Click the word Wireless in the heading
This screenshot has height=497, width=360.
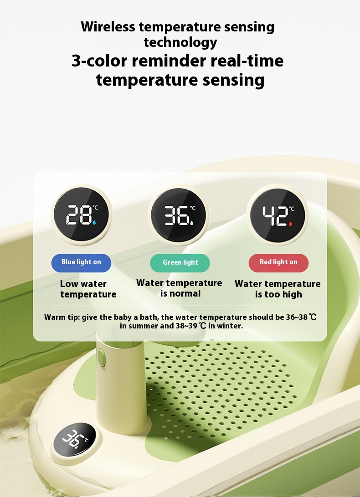click(x=108, y=26)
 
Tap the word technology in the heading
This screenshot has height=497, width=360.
click(x=180, y=42)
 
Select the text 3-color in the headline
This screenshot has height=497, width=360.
click(x=99, y=61)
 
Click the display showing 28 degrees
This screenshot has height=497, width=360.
click(x=81, y=215)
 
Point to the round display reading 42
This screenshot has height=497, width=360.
click(x=278, y=215)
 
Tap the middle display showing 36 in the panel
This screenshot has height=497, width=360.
click(x=178, y=215)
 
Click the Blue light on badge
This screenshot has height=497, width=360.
click(x=81, y=262)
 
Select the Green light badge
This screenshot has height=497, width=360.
click(x=180, y=263)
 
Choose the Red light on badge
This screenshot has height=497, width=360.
click(x=278, y=262)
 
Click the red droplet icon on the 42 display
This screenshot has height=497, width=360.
click(x=290, y=224)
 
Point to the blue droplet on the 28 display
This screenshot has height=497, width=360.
click(x=94, y=222)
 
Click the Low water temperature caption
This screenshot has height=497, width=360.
click(x=88, y=289)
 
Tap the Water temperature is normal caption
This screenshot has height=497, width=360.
click(x=179, y=288)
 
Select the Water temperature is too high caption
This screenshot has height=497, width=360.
click(x=278, y=289)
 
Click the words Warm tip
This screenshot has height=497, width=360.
click(x=62, y=317)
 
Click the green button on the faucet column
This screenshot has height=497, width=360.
click(x=102, y=358)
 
